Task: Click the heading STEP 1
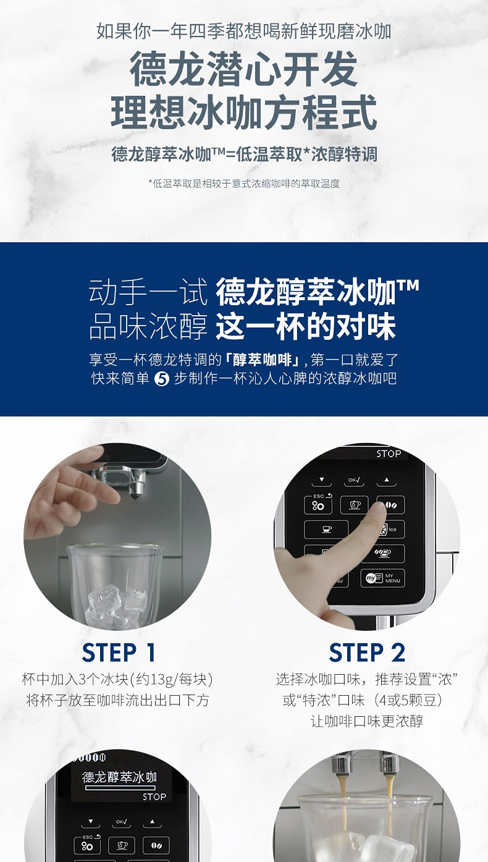(119, 653)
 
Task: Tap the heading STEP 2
(367, 653)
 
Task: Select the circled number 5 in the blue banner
(161, 379)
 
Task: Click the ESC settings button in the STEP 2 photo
(318, 504)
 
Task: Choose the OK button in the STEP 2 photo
(354, 480)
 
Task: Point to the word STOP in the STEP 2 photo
(389, 454)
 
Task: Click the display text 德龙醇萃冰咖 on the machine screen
(119, 777)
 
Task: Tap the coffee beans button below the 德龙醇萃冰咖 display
(156, 845)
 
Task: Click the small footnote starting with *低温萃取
(244, 184)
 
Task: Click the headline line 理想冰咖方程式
(244, 112)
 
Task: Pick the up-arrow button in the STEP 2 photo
(387, 480)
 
